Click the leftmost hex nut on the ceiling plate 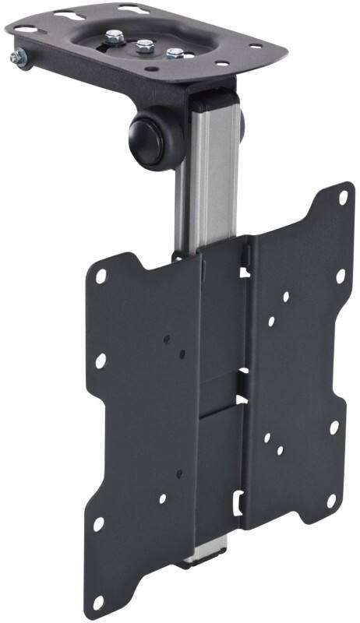[x=115, y=36]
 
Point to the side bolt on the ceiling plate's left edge [x=17, y=56]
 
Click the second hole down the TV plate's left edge [x=101, y=361]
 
